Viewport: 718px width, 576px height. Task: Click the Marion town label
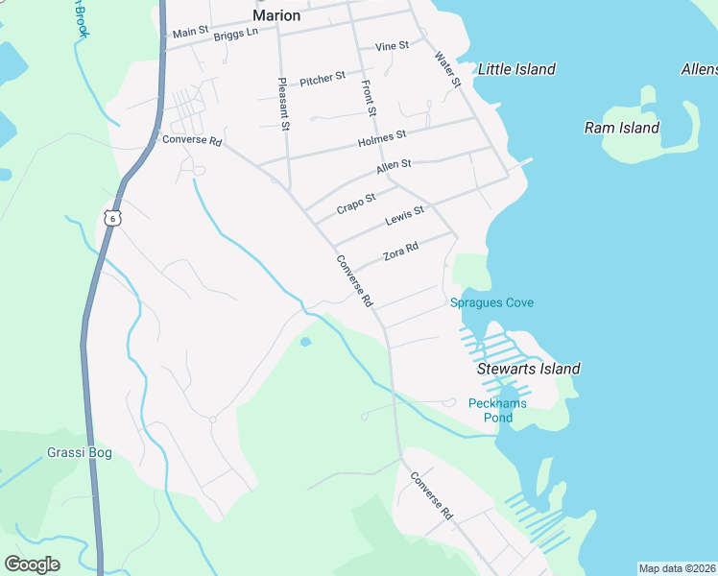click(276, 15)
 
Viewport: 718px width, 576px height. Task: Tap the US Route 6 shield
click(113, 218)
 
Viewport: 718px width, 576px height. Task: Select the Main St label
click(190, 33)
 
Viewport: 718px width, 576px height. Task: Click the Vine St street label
click(392, 45)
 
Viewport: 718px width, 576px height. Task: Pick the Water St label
click(448, 73)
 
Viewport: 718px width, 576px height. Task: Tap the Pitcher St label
click(322, 79)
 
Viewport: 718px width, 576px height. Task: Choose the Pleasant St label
click(284, 105)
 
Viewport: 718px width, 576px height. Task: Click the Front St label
click(368, 98)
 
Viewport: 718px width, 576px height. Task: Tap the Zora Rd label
click(400, 252)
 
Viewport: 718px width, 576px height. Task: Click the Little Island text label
click(516, 69)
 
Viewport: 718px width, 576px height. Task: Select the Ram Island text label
click(622, 128)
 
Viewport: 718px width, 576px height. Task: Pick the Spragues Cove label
click(491, 303)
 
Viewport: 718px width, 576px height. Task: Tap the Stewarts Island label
click(528, 369)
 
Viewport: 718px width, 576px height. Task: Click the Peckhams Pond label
click(497, 410)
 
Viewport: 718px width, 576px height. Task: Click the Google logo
click(32, 564)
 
